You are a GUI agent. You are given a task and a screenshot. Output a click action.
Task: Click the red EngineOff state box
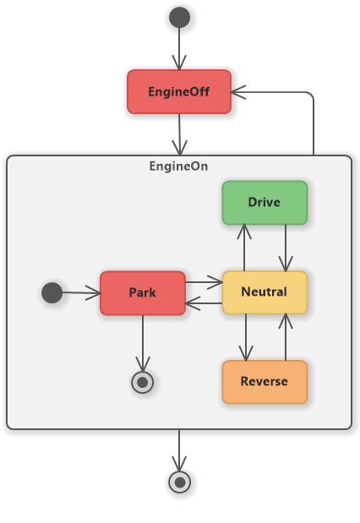(x=179, y=92)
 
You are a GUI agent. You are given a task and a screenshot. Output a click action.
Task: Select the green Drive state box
(x=265, y=203)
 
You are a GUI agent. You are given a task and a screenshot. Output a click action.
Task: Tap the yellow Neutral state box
(x=265, y=292)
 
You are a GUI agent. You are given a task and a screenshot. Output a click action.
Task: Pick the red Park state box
(x=143, y=293)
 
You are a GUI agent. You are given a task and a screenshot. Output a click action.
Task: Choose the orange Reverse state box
(x=265, y=382)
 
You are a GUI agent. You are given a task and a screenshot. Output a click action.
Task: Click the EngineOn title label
(x=178, y=166)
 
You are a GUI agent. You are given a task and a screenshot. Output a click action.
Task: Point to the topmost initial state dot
(x=179, y=18)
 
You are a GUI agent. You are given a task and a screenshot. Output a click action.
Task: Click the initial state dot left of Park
(x=52, y=292)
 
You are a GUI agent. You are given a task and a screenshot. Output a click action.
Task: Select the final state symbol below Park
(x=143, y=382)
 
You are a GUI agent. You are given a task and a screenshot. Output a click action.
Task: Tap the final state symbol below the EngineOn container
(x=179, y=482)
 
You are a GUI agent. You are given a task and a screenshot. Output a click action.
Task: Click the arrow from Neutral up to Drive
(x=244, y=248)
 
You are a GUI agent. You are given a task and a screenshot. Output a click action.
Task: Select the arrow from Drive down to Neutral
(x=286, y=248)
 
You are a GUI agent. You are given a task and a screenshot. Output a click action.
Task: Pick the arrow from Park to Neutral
(x=204, y=282)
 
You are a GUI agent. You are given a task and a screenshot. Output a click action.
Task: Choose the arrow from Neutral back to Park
(x=204, y=303)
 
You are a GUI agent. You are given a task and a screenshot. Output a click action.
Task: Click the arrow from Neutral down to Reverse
(x=246, y=338)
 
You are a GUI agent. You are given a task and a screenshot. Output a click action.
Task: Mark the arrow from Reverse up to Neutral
(x=286, y=337)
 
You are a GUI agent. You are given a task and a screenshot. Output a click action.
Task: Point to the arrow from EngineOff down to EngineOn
(x=179, y=134)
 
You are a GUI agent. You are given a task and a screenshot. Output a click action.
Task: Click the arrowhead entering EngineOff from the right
(x=238, y=92)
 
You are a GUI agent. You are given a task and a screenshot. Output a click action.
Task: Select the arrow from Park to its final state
(x=143, y=343)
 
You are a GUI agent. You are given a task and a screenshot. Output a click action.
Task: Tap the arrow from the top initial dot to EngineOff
(x=179, y=49)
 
